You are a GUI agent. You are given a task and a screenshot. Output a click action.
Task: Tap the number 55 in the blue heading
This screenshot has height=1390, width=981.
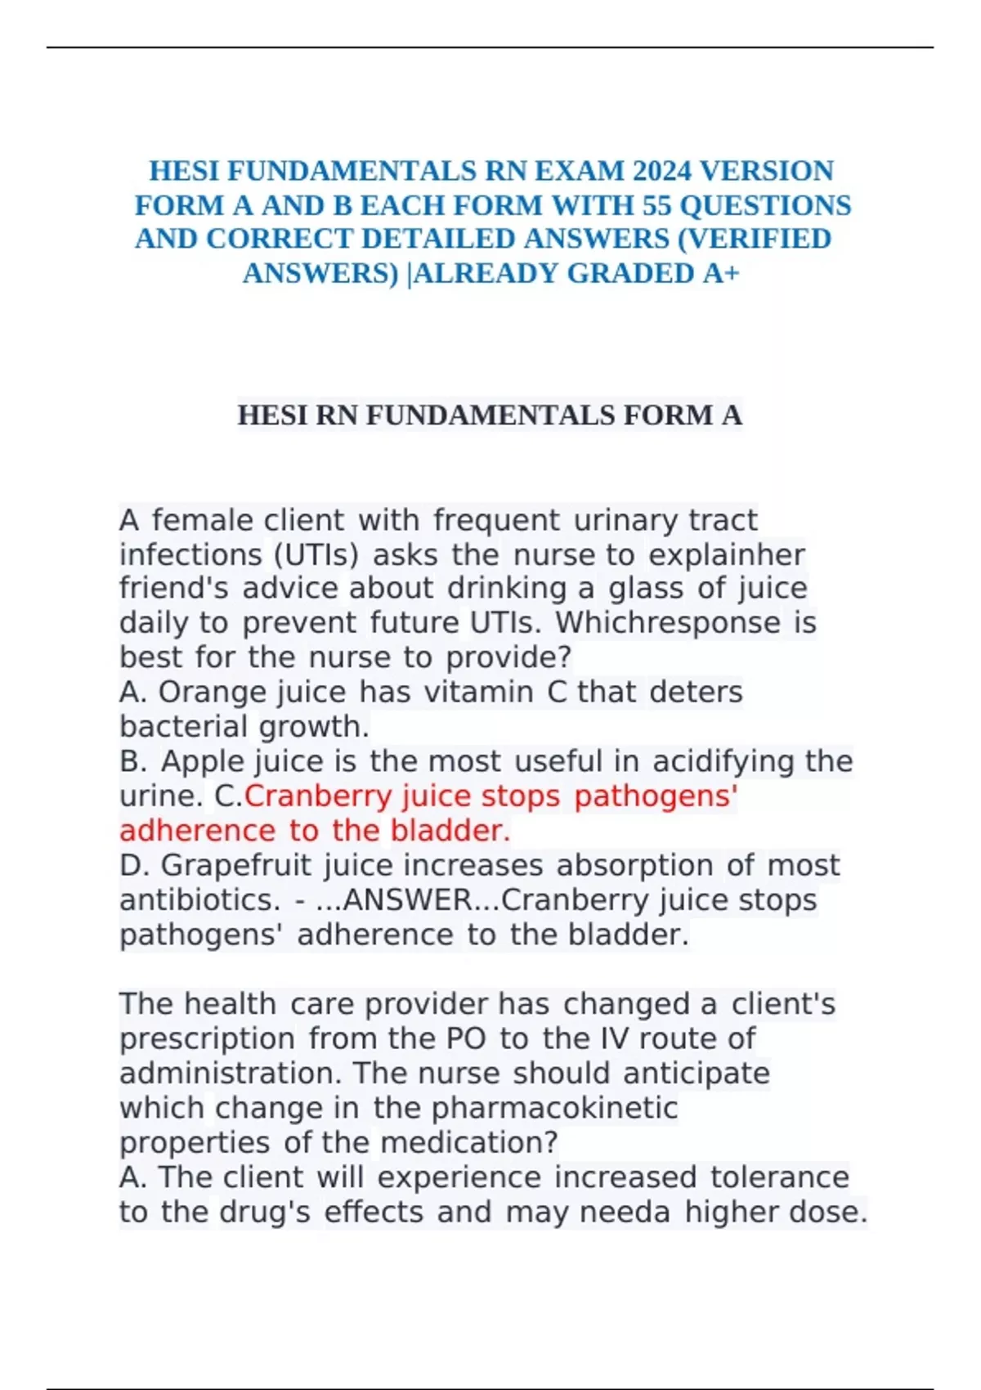(x=658, y=205)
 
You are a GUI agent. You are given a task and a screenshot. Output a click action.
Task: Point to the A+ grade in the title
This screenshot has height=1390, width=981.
(x=721, y=273)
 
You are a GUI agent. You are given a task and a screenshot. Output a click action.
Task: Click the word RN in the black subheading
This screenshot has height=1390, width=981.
(x=337, y=415)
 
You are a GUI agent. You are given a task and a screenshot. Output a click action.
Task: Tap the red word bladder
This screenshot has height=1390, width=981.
(x=450, y=831)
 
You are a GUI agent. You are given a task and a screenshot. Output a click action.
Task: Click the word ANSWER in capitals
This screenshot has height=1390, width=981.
(x=407, y=900)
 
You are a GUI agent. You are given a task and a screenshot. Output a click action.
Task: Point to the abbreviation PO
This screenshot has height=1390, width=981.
(x=466, y=1039)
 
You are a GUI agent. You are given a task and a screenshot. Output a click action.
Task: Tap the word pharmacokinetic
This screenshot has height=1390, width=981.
(x=554, y=1108)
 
